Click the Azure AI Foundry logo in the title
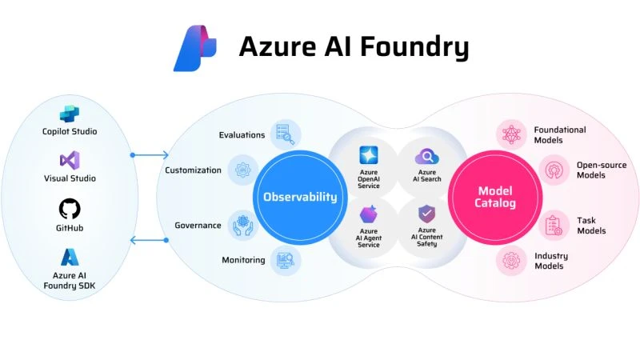click(196, 48)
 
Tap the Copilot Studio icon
click(70, 114)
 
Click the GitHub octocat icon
click(70, 210)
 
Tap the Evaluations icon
click(285, 134)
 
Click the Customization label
click(193, 170)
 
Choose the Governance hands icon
click(242, 226)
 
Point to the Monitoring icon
click(285, 260)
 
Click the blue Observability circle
click(300, 197)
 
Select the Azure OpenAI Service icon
click(369, 155)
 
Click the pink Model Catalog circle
click(496, 197)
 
